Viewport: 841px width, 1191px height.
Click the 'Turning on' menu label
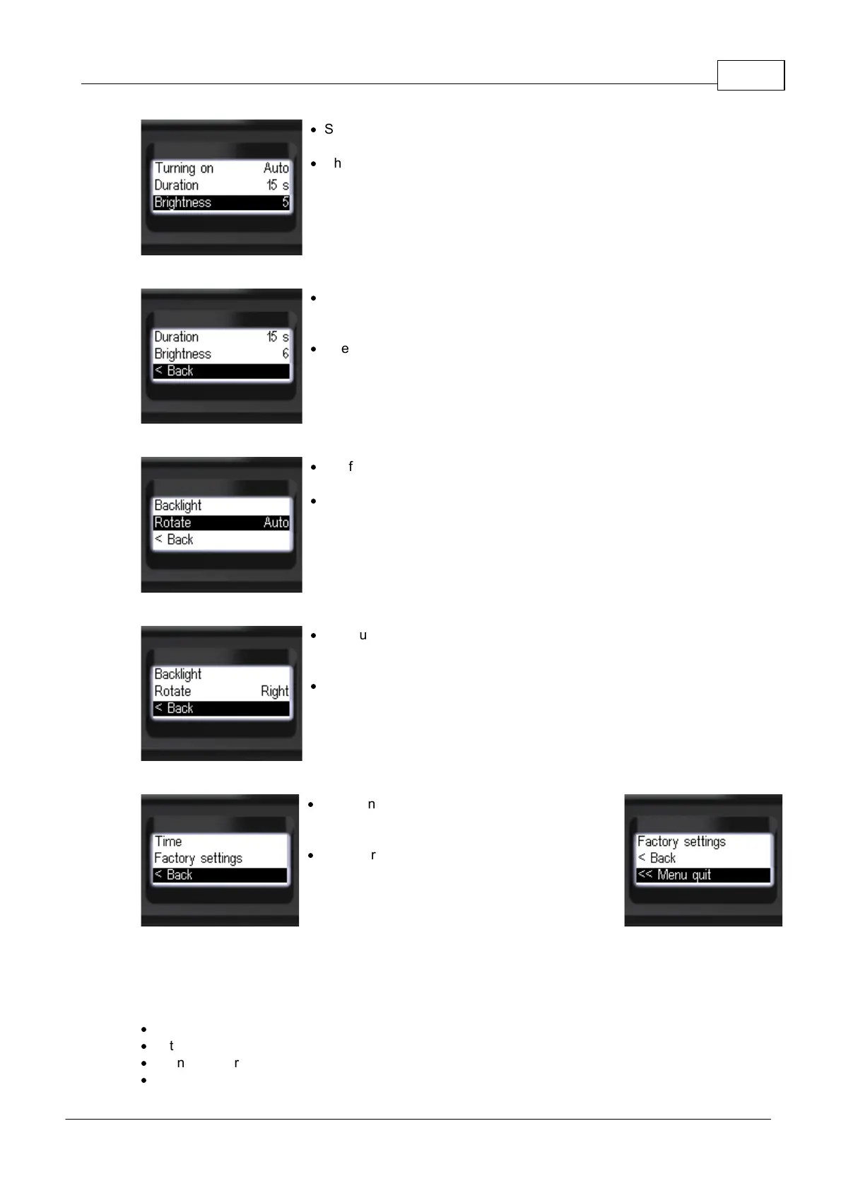[184, 168]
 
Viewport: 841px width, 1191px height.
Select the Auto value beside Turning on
[276, 168]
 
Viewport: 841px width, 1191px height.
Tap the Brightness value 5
[286, 202]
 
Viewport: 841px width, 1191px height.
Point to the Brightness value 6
[286, 354]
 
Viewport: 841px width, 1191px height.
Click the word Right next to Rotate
[274, 691]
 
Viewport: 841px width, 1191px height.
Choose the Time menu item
[168, 841]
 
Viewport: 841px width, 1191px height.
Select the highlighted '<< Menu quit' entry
[674, 875]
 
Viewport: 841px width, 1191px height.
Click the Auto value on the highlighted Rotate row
[276, 523]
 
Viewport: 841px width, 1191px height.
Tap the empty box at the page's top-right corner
[751, 75]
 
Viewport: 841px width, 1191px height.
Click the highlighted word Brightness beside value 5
[182, 202]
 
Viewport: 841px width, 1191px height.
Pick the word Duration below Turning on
[176, 185]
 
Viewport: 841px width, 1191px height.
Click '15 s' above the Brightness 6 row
[277, 337]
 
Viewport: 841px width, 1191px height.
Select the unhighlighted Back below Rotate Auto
[174, 540]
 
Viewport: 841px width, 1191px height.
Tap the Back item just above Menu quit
[657, 858]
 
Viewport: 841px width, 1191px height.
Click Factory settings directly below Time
[198, 858]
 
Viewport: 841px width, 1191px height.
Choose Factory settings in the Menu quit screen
[681, 841]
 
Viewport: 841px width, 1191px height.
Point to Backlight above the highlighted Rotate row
[177, 506]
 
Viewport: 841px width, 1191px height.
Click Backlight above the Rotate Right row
[177, 674]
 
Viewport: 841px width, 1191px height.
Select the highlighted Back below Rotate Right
[174, 708]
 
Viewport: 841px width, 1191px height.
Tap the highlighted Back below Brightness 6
[174, 371]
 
